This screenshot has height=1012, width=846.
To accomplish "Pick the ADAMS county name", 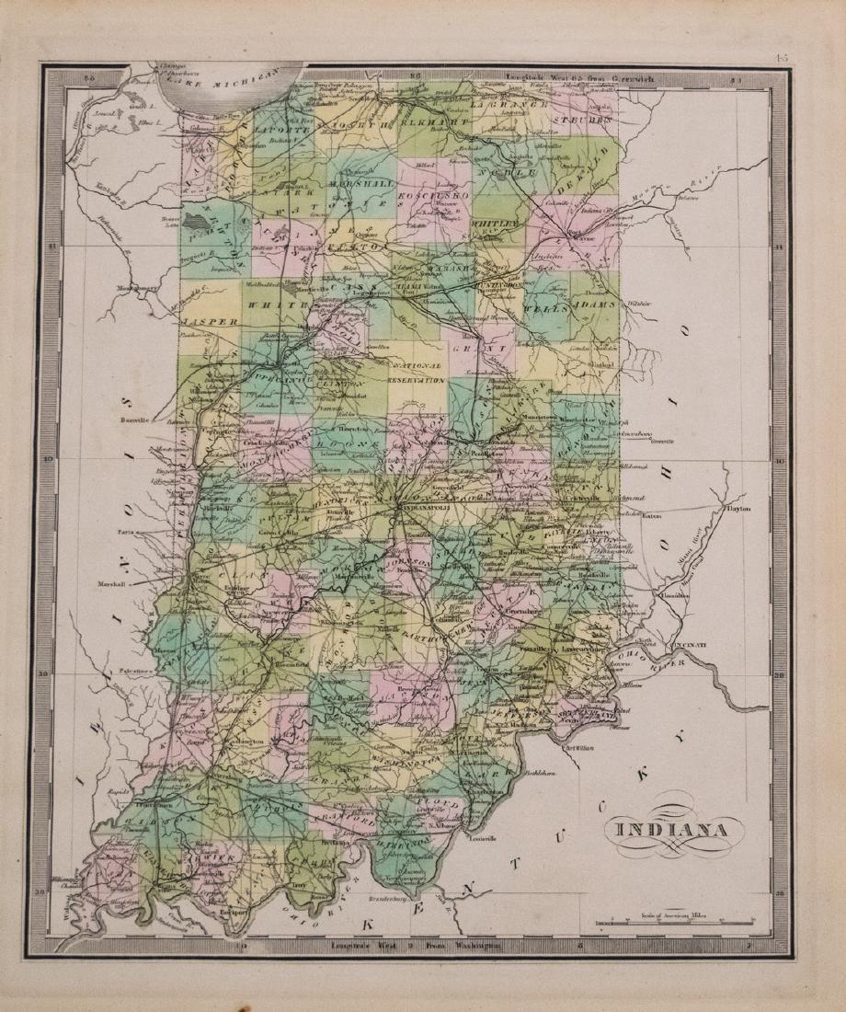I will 593,304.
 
